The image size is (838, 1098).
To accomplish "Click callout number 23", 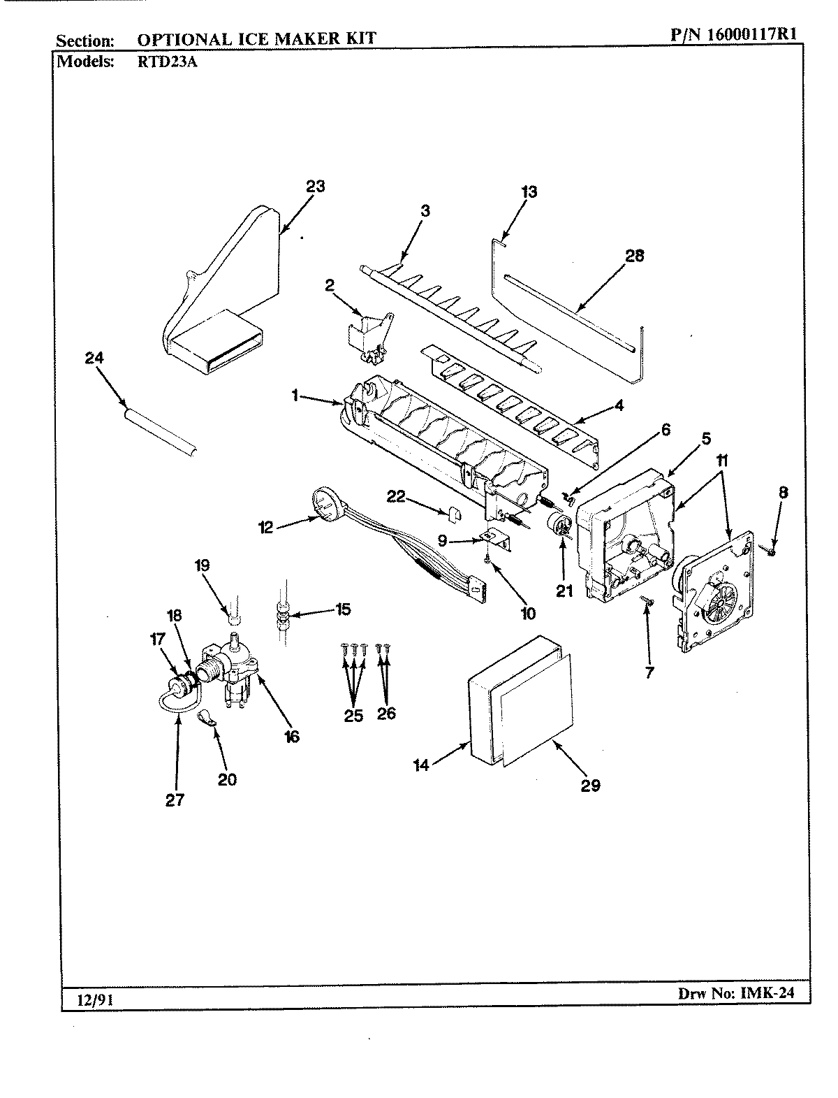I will point(316,187).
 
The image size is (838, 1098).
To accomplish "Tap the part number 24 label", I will point(94,357).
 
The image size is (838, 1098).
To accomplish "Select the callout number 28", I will point(635,256).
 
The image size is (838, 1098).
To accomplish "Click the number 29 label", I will point(591,785).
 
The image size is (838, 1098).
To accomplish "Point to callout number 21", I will point(564,591).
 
